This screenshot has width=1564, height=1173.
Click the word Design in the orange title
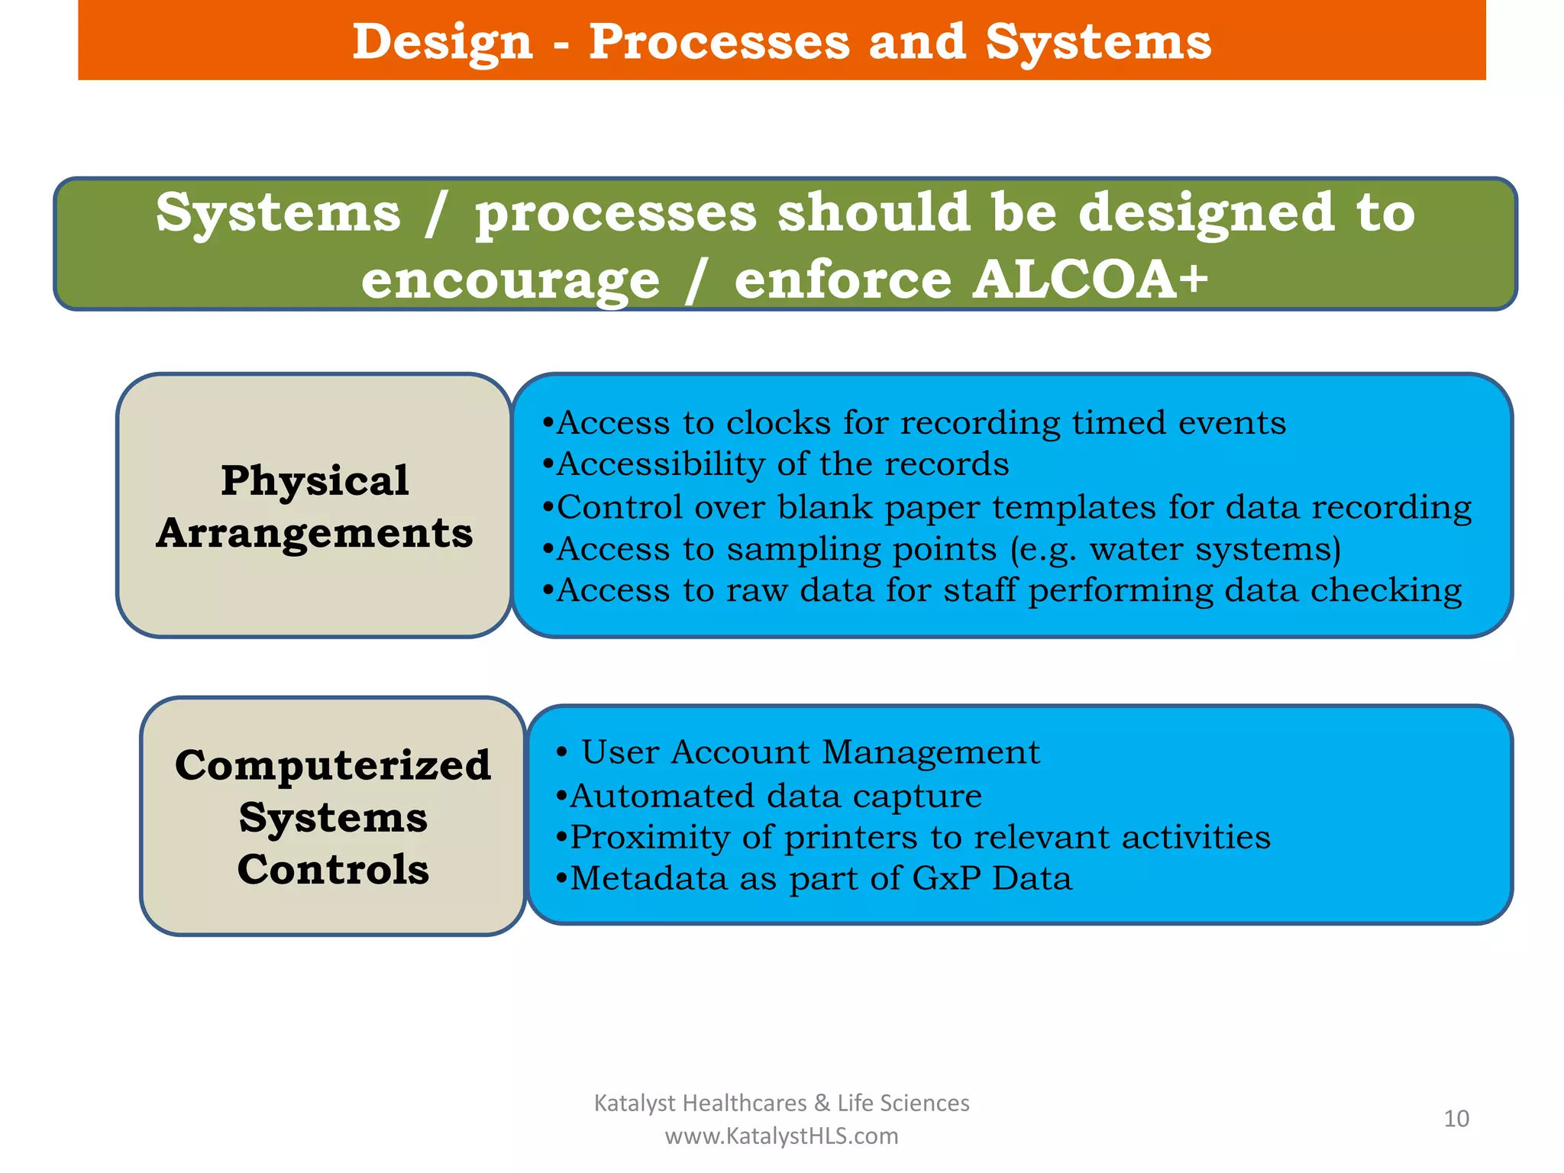442,43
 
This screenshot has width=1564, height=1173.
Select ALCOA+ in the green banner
1091,280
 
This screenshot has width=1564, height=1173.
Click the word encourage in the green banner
510,281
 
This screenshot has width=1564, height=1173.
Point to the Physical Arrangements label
315,506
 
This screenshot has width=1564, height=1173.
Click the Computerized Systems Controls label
333,816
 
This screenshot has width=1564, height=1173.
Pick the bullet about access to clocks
913,423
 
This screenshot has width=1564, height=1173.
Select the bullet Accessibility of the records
775,464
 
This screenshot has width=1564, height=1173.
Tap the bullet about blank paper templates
1007,507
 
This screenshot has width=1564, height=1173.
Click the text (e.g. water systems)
1175,550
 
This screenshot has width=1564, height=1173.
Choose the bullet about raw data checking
1001,591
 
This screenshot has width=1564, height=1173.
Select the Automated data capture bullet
768,796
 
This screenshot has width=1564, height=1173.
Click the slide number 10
1456,1119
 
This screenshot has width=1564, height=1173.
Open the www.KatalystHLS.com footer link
781,1136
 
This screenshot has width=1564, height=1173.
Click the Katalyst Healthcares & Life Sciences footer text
781,1103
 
